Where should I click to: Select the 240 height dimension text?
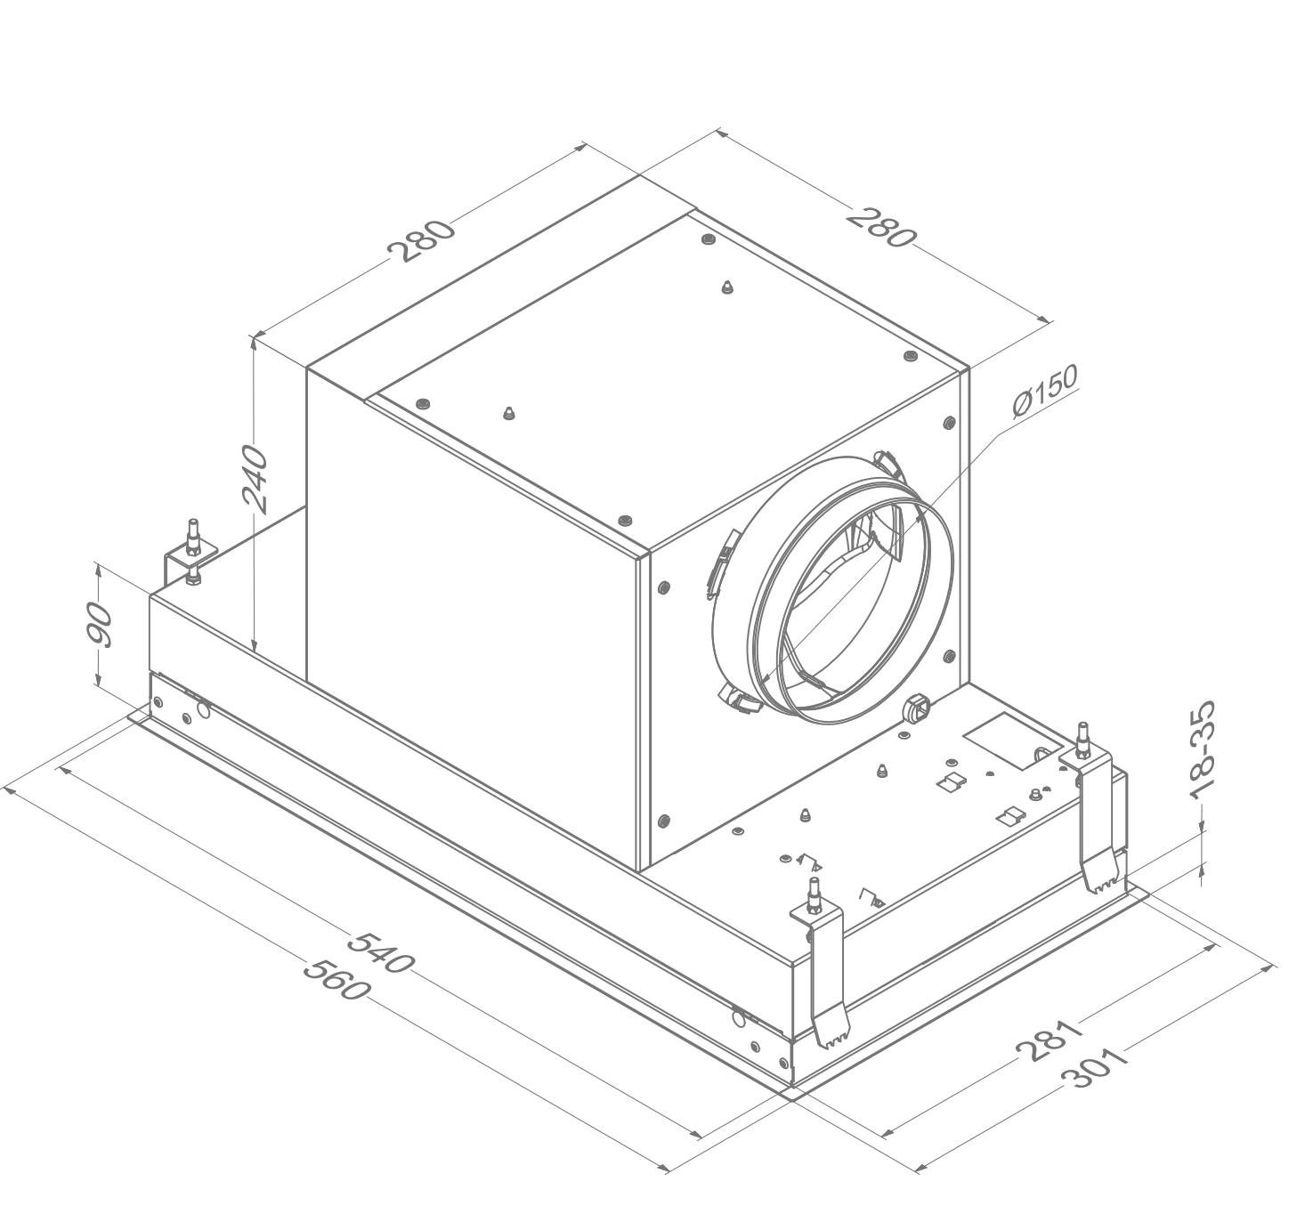255,479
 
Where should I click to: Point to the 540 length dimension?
382,951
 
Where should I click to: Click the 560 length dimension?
336,977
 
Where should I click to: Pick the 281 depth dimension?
1050,1040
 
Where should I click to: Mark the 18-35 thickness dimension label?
1202,750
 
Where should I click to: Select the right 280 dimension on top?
881,227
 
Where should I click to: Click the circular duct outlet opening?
855,596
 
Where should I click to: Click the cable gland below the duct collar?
914,708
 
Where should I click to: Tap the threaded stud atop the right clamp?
1084,738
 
